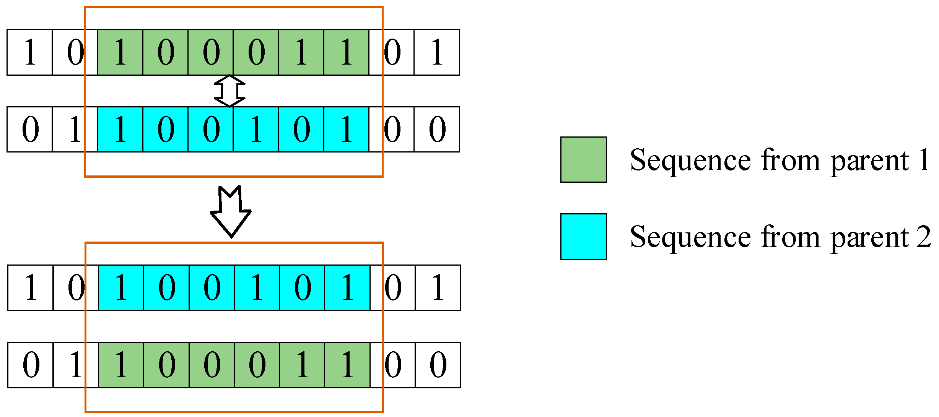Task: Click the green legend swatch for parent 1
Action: click(x=583, y=159)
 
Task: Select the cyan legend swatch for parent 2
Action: click(x=583, y=237)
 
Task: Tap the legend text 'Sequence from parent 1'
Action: click(x=780, y=161)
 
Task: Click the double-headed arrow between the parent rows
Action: click(x=229, y=91)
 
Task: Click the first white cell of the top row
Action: click(x=29, y=52)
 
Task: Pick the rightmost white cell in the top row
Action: click(x=437, y=52)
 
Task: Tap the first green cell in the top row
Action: click(x=120, y=52)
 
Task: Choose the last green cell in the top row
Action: click(x=346, y=52)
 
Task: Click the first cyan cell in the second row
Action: click(x=120, y=130)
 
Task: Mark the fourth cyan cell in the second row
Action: click(x=256, y=130)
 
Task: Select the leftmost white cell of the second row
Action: click(x=29, y=130)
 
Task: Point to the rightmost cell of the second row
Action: click(x=437, y=130)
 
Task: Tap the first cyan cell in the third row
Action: click(x=121, y=288)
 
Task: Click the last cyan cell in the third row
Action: click(x=347, y=288)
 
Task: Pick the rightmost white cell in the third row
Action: click(x=438, y=288)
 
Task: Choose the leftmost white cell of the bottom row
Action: click(x=30, y=365)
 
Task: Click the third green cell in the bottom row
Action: click(x=212, y=365)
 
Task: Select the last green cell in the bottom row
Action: click(x=347, y=365)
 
